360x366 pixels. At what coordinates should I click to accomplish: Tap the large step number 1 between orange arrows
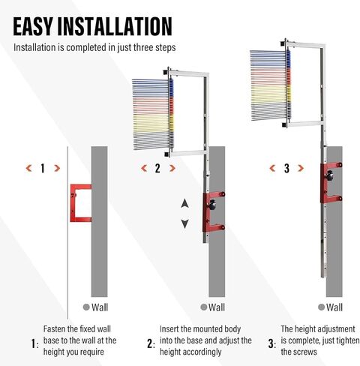tap(42, 168)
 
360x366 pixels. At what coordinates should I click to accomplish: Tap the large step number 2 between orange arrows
tap(157, 168)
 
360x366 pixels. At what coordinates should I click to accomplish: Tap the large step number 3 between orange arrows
tap(287, 168)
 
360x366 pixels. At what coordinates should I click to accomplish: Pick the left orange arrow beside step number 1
tap(28, 168)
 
